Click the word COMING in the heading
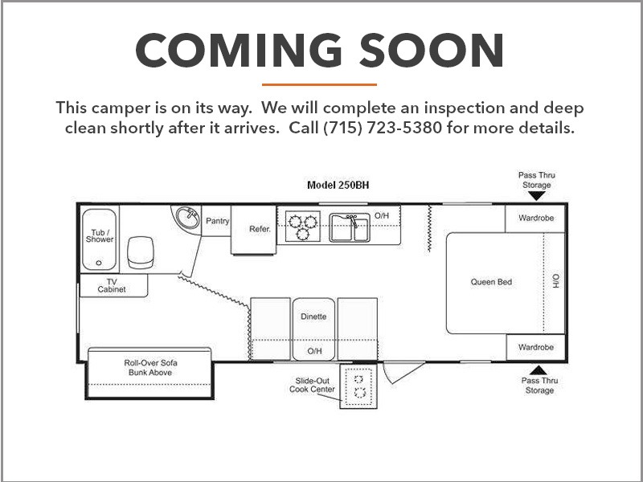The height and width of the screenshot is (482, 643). tap(239, 50)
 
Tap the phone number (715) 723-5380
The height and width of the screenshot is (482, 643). tap(383, 128)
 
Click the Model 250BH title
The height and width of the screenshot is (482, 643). tap(338, 186)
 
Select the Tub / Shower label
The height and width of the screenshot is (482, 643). tap(100, 236)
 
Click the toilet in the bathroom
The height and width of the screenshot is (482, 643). tap(140, 252)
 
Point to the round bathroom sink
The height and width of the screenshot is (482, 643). tap(187, 217)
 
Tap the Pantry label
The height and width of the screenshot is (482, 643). tap(217, 221)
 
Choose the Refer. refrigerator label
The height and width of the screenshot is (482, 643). tap(260, 229)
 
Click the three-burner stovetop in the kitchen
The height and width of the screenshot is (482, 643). tap(303, 227)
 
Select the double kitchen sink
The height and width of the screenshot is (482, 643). tap(350, 227)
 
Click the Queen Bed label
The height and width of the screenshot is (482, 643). tap(491, 282)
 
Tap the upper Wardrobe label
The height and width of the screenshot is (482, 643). tap(536, 218)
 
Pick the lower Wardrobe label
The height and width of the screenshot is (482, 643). tap(536, 347)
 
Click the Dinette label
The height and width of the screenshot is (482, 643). tap(313, 317)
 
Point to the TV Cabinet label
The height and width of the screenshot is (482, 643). tap(112, 285)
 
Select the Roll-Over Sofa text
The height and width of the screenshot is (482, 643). tap(150, 363)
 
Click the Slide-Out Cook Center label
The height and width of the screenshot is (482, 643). tap(312, 386)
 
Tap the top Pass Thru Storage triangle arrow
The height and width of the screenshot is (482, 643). tap(536, 196)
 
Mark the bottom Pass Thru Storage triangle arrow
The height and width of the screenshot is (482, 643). tap(539, 370)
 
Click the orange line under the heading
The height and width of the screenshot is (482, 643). tap(319, 85)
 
